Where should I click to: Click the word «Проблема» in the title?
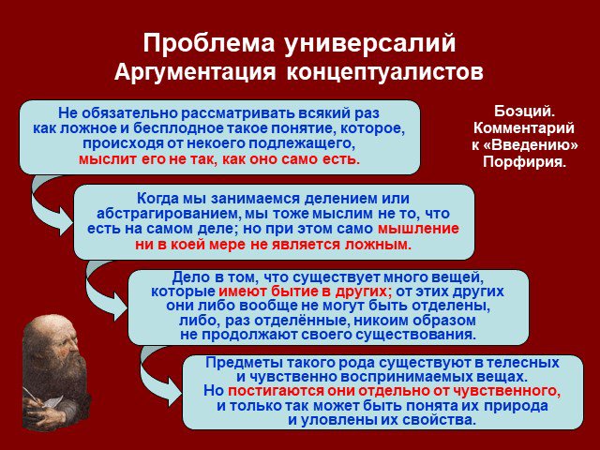209,43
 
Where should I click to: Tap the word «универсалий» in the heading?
370,44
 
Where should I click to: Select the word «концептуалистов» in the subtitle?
385,72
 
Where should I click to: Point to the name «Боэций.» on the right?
525,112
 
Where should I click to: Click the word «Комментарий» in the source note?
524,127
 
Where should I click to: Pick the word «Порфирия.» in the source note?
524,162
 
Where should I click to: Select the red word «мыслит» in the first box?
108,158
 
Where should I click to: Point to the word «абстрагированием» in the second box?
169,214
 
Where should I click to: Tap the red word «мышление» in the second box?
418,229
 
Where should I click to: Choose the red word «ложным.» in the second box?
378,245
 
